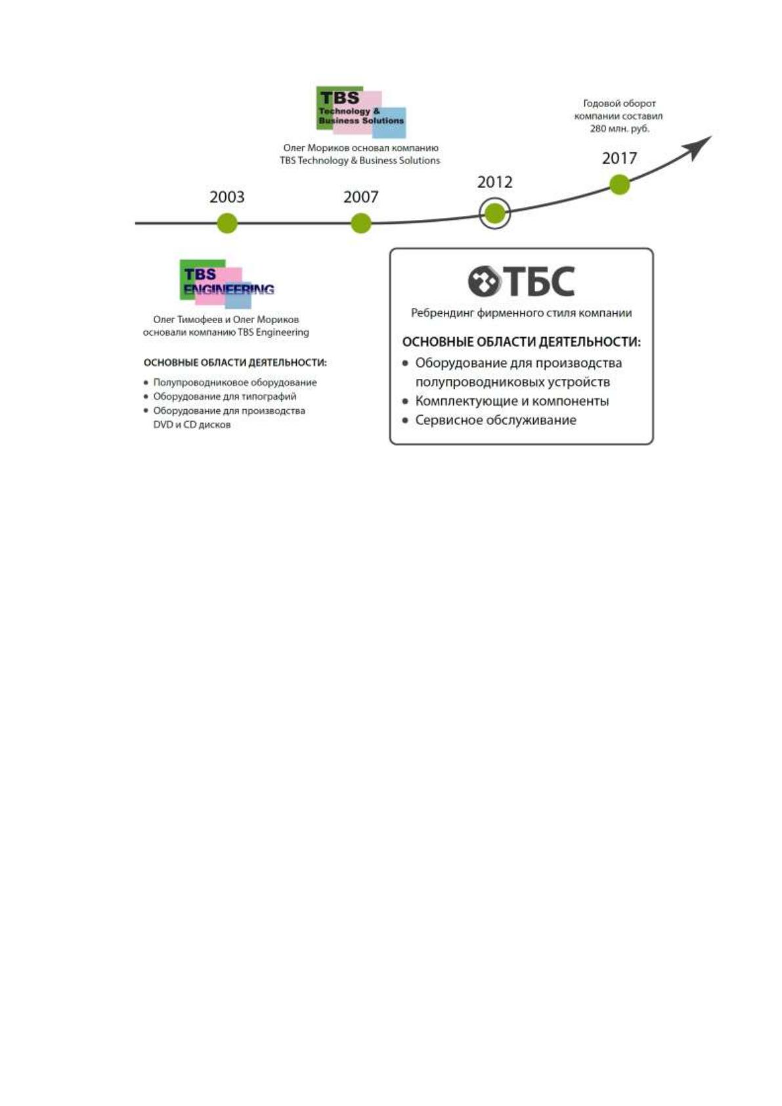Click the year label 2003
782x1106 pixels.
[227, 197]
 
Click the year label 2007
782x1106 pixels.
[361, 197]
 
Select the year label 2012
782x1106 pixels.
[494, 182]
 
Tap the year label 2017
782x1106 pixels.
[619, 158]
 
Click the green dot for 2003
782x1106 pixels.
[227, 223]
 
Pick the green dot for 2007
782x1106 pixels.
[361, 223]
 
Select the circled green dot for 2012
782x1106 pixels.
[495, 214]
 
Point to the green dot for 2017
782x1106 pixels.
[620, 185]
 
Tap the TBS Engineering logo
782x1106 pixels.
[227, 284]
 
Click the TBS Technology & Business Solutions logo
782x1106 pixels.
[361, 112]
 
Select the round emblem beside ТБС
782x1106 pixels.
[484, 282]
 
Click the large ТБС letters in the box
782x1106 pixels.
[539, 282]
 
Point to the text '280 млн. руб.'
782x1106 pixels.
[619, 129]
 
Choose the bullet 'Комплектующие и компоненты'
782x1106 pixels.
[506, 401]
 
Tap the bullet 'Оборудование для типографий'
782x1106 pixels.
[220, 397]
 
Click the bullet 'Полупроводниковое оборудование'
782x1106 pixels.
[230, 383]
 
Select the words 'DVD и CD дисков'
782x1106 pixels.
[192, 425]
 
